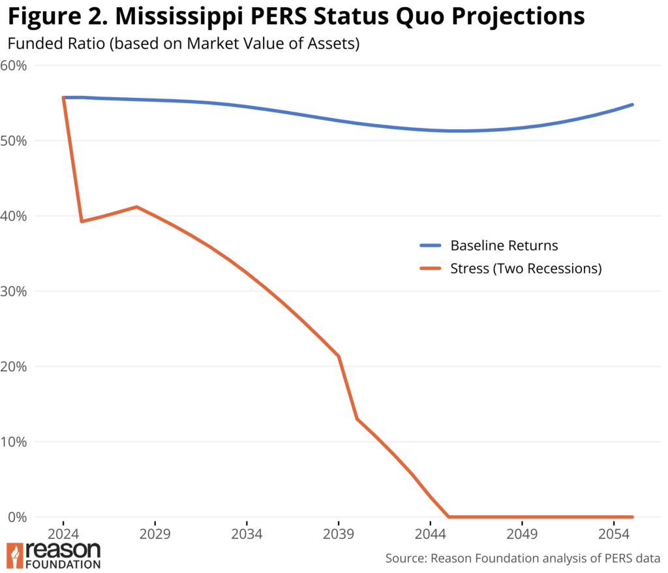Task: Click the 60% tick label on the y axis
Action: click(x=14, y=65)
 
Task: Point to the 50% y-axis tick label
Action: click(x=14, y=140)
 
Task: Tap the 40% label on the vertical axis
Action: click(x=14, y=216)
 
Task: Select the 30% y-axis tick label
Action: click(x=14, y=291)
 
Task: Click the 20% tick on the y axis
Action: click(x=14, y=366)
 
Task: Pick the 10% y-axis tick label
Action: click(x=14, y=442)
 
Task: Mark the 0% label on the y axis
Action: click(x=17, y=517)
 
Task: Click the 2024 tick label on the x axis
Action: click(x=63, y=533)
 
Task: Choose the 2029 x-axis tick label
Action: click(x=155, y=533)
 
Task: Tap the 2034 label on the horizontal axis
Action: click(x=247, y=533)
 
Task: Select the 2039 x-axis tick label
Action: click(x=339, y=533)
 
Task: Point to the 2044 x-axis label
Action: click(x=430, y=533)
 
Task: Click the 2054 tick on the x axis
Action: click(x=613, y=533)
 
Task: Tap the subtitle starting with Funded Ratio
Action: click(x=183, y=45)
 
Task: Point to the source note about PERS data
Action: click(x=523, y=559)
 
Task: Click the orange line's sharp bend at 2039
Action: click(x=339, y=356)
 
